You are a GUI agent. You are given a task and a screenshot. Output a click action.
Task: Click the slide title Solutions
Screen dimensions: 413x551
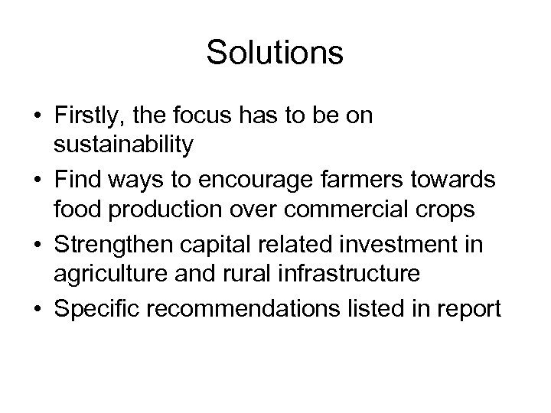275,53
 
